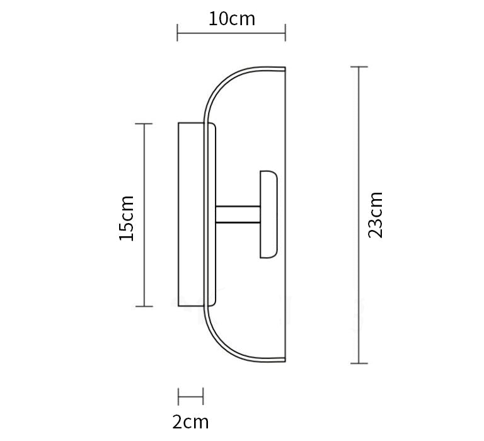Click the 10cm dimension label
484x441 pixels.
point(232,19)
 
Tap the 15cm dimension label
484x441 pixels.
point(127,218)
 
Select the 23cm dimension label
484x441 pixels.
point(376,214)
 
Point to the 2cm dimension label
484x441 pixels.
point(190,421)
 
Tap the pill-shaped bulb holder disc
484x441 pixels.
point(268,214)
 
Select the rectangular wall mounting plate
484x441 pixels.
point(190,214)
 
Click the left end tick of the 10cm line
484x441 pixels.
point(178,32)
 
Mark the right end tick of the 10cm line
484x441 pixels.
point(285,32)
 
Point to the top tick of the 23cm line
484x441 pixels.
point(359,67)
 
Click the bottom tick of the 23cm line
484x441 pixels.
point(359,364)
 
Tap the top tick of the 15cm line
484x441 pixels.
point(144,124)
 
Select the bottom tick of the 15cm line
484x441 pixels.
point(144,307)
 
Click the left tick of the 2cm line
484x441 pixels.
point(178,398)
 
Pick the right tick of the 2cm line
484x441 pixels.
point(203,398)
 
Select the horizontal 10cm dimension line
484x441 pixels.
point(208,32)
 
